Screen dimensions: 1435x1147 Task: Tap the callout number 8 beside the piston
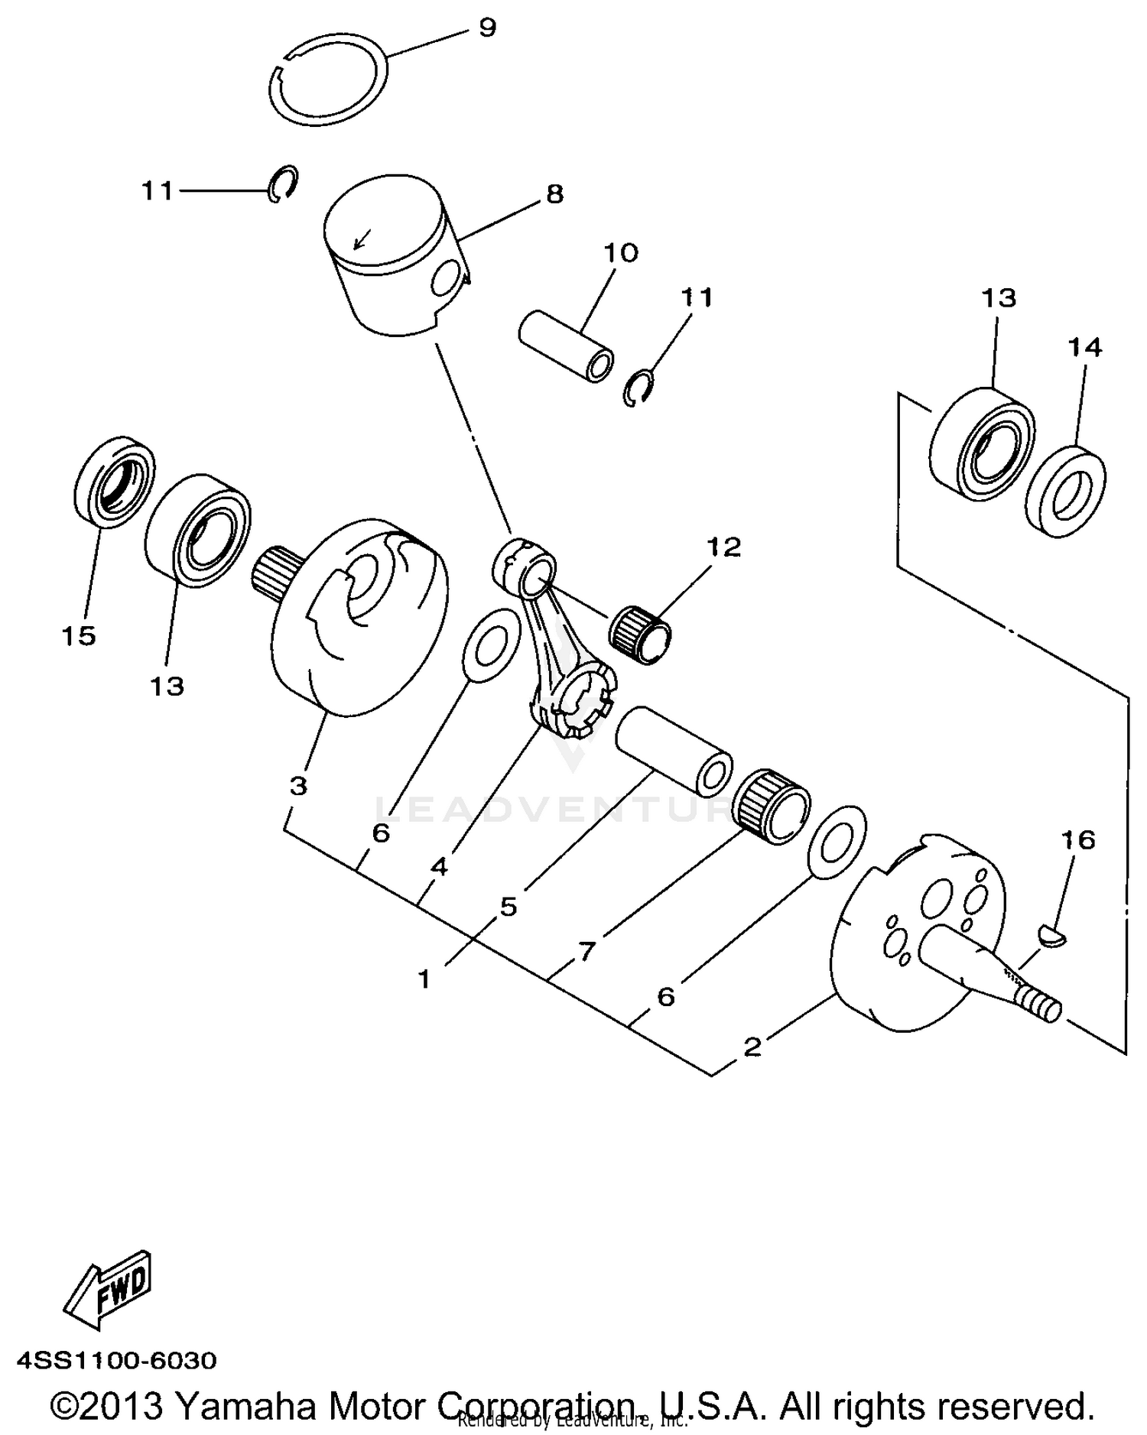(554, 194)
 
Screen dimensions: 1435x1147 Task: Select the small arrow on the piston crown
(359, 239)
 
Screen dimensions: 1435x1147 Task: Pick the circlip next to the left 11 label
(283, 183)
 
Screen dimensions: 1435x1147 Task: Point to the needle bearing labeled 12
(640, 634)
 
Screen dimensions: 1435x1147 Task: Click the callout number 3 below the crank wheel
(298, 785)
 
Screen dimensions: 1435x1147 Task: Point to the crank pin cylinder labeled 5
(673, 750)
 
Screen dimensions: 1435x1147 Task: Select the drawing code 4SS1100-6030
(116, 1360)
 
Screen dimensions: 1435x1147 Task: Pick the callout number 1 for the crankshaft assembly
(424, 979)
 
